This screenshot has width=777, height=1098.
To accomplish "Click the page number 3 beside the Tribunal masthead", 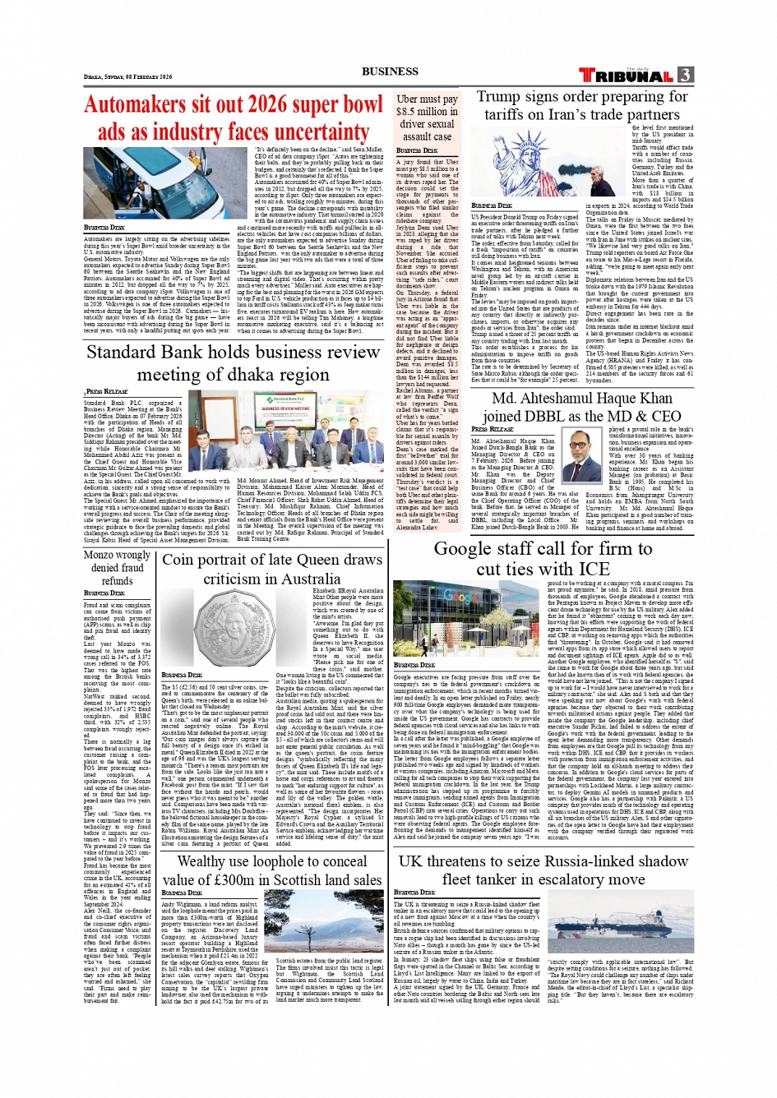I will pos(685,75).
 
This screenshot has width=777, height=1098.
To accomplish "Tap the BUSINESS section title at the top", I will pos(390,72).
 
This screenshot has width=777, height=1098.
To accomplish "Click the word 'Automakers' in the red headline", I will pos(136,106).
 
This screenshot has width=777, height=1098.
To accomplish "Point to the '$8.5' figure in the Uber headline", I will pos(408,112).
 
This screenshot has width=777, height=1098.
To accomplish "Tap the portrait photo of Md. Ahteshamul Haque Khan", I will pos(581,454).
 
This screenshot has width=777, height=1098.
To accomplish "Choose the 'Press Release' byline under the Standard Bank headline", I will pos(108,392).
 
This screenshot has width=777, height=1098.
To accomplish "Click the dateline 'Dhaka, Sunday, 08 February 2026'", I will pos(128,77).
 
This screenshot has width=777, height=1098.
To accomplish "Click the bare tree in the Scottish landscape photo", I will pos(321,925).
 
